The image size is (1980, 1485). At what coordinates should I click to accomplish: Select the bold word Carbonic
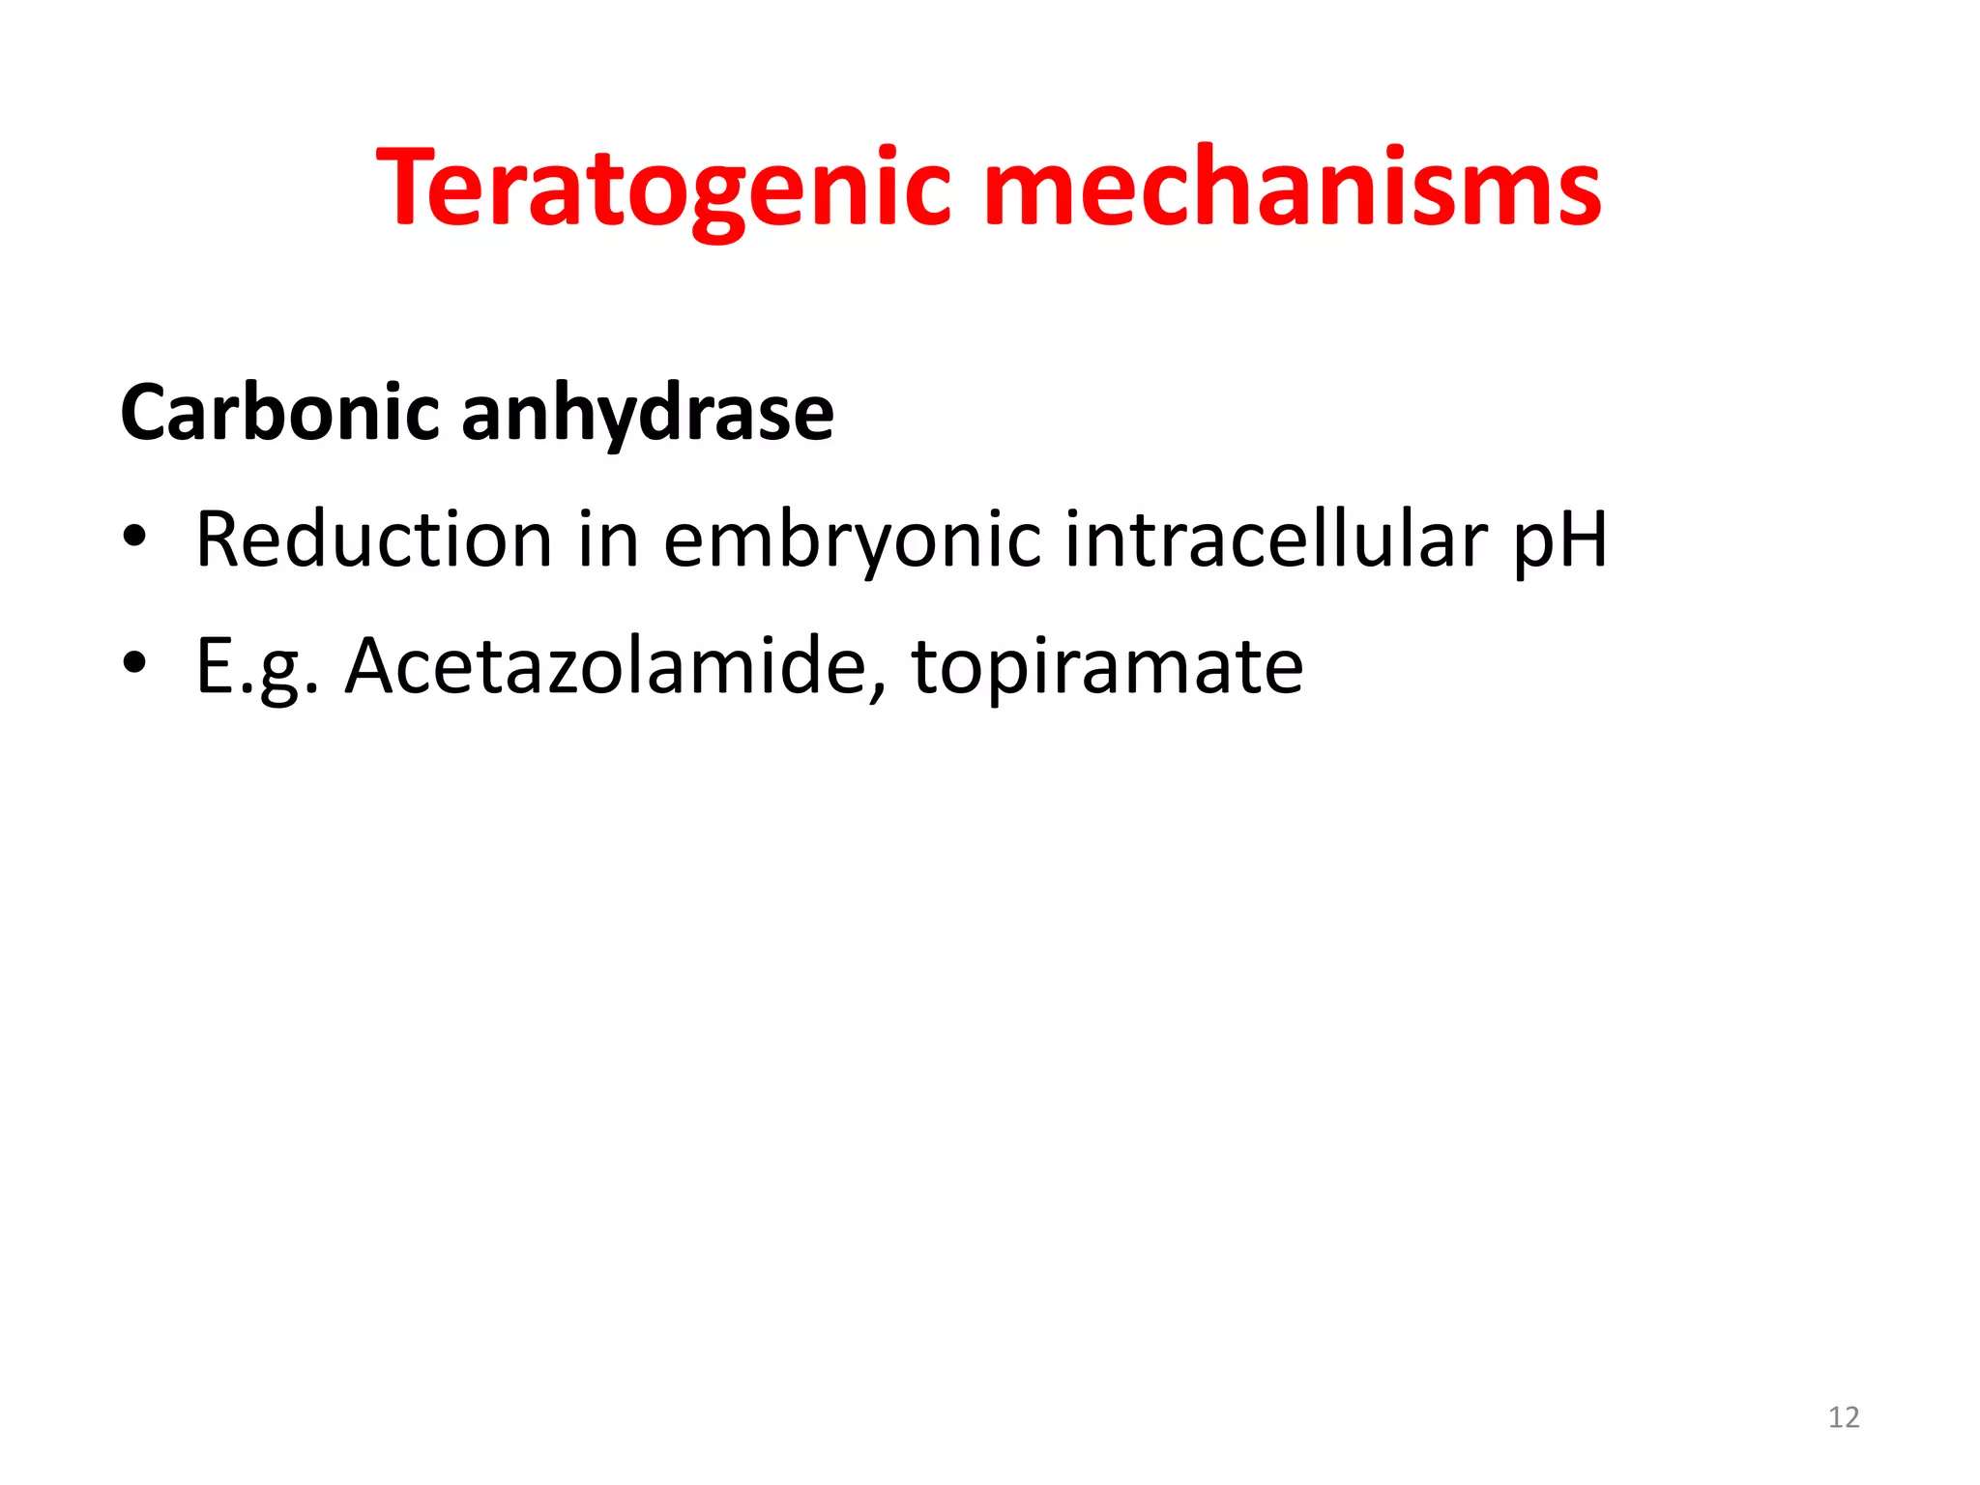pos(280,413)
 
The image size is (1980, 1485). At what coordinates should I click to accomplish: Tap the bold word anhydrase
pos(647,413)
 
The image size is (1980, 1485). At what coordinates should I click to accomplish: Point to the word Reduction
pos(373,539)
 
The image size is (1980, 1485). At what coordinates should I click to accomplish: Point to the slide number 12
pos(1844,1417)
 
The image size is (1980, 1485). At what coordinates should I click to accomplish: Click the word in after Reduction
pos(608,539)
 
